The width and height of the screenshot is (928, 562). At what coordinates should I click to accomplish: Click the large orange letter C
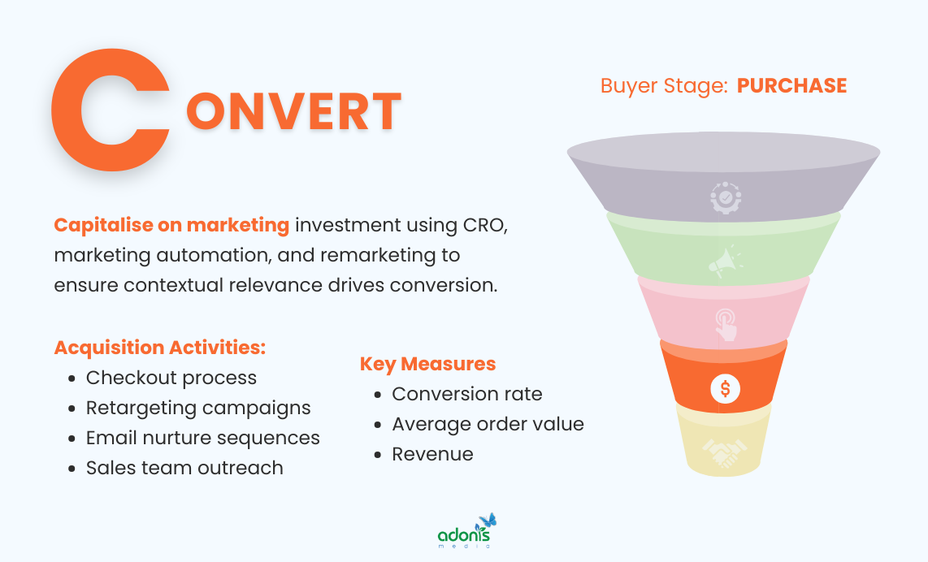pyautogui.click(x=102, y=110)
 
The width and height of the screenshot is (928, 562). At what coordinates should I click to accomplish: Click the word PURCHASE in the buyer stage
pyautogui.click(x=791, y=86)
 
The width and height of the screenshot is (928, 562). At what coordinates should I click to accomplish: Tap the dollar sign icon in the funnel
pyautogui.click(x=724, y=388)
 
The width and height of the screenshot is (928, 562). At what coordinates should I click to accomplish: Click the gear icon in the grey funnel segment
pyautogui.click(x=724, y=197)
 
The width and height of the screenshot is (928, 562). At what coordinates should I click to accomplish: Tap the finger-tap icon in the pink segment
pyautogui.click(x=724, y=325)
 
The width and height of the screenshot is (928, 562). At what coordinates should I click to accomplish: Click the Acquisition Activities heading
pyautogui.click(x=160, y=348)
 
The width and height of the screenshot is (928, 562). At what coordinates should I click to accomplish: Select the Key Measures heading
pyautogui.click(x=427, y=363)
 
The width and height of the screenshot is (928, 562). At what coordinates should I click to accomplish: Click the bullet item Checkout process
pyautogui.click(x=171, y=378)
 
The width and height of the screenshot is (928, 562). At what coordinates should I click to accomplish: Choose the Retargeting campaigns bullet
pyautogui.click(x=198, y=408)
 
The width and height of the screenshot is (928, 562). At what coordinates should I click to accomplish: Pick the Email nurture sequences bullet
pyautogui.click(x=202, y=438)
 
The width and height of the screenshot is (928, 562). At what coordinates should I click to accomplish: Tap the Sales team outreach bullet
pyautogui.click(x=184, y=468)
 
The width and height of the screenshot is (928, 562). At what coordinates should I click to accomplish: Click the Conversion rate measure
pyautogui.click(x=466, y=394)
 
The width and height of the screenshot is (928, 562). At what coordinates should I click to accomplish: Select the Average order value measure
pyautogui.click(x=488, y=424)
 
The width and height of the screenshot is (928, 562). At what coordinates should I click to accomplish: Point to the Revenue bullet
pyautogui.click(x=432, y=454)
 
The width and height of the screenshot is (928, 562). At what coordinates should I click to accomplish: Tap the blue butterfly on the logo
pyautogui.click(x=488, y=521)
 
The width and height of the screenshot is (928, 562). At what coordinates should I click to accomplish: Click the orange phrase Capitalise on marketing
pyautogui.click(x=171, y=225)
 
